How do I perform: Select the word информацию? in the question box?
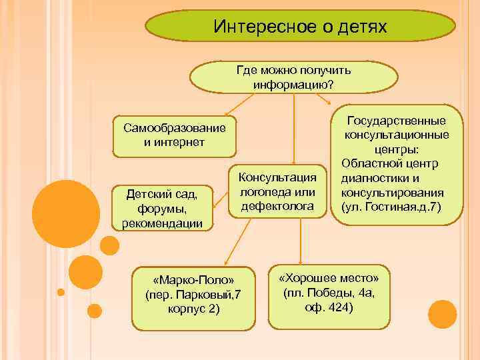(x=293, y=84)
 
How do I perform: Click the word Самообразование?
(x=170, y=128)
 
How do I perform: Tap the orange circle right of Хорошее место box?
(x=442, y=313)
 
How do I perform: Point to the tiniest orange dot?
(x=61, y=292)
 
